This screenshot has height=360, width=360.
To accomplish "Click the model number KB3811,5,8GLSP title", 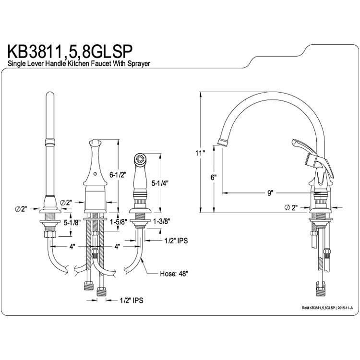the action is [x=70, y=51].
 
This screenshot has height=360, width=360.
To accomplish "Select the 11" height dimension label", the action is [x=200, y=153].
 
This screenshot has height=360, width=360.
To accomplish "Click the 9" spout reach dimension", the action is [x=271, y=193].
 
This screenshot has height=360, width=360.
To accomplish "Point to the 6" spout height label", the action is [x=214, y=177].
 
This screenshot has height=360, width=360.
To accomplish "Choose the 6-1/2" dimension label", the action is [x=118, y=175].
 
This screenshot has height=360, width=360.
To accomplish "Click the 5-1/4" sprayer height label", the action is [x=160, y=183].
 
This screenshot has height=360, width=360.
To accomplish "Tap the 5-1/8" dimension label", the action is [x=72, y=222].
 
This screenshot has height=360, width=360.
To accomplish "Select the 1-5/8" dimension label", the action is [x=119, y=222].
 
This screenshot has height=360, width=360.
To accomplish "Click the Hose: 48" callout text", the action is [x=174, y=274].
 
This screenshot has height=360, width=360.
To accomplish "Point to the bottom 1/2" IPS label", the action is [x=132, y=300].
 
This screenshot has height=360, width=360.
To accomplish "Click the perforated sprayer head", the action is [x=140, y=158].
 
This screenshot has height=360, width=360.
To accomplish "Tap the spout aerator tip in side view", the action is [x=223, y=142].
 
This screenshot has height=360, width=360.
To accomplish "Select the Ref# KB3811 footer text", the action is [x=327, y=308].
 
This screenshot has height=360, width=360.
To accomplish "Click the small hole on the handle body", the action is [x=96, y=174].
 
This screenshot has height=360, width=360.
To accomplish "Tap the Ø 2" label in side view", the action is [x=291, y=207].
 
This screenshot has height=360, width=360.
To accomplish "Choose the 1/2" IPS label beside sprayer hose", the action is [x=176, y=240].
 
